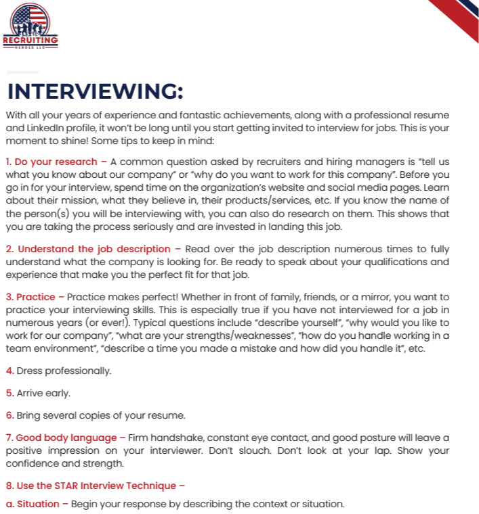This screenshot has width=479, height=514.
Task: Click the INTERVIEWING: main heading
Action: coord(95,91)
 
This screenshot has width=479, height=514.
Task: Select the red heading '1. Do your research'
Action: coord(52,162)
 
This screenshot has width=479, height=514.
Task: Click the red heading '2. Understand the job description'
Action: coord(88,249)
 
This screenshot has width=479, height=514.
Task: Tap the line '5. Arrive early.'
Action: coord(38,393)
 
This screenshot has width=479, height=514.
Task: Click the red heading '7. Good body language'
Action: coord(62,438)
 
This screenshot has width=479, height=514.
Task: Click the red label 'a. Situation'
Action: coord(33,504)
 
